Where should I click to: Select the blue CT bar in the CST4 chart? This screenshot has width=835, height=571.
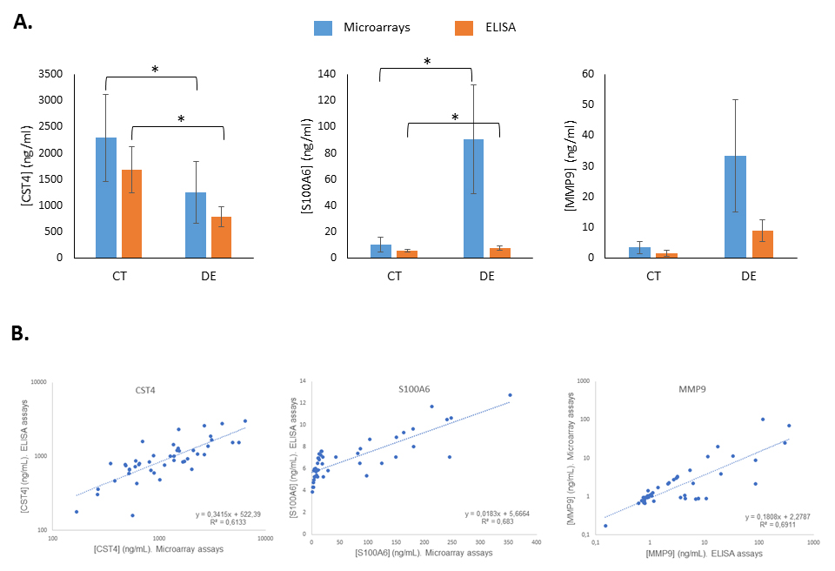[106, 198]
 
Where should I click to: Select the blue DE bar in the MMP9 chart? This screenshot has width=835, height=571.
[735, 206]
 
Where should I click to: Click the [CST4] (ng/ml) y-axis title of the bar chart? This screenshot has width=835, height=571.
[24, 165]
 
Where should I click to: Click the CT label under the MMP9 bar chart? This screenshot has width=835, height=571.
[655, 277]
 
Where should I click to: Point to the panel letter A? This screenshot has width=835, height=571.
[23, 24]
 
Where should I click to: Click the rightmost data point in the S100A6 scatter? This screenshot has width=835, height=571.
[511, 394]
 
